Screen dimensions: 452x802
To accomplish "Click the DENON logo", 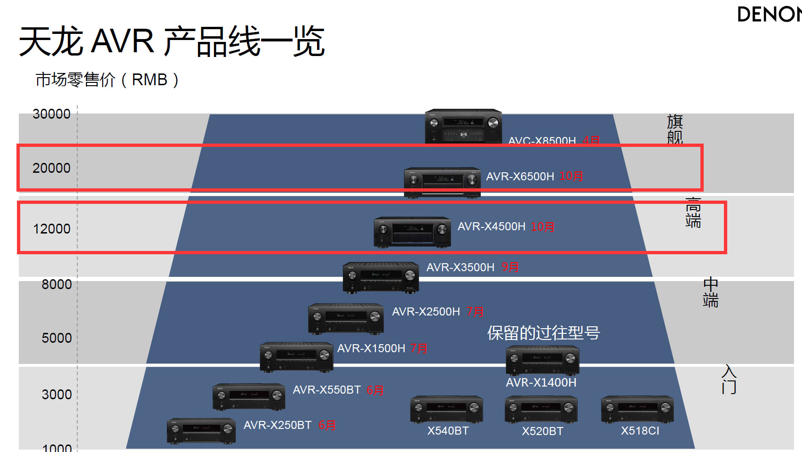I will point(769,15).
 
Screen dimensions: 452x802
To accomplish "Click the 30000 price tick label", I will point(51,114).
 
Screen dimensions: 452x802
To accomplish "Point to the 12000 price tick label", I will point(52,229).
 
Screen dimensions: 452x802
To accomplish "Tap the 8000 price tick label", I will point(56,284).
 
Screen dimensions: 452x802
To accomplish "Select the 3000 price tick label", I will point(56,395).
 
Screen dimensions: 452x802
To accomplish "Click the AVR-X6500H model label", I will point(520,177).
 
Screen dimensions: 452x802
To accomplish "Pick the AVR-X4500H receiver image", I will point(412,232).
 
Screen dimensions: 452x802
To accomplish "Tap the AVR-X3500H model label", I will point(460,267).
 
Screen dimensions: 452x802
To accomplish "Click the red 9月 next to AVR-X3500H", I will point(510,267).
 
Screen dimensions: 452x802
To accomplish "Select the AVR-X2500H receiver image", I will point(346,319).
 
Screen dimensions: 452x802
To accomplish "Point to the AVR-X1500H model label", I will point(371,348).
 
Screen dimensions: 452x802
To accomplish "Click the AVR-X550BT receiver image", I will point(249,397).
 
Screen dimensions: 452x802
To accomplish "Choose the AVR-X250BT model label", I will point(278,425).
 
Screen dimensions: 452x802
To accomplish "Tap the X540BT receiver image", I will point(446,409).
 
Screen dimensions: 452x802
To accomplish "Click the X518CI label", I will point(640,431).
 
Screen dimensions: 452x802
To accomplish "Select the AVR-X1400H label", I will point(541,382).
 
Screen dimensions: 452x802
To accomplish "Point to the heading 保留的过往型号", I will point(543,333).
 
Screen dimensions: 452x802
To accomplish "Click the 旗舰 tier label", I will point(675,129).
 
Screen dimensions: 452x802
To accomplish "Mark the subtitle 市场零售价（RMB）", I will point(107,80).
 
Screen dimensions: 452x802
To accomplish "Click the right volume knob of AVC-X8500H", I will point(493,123).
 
